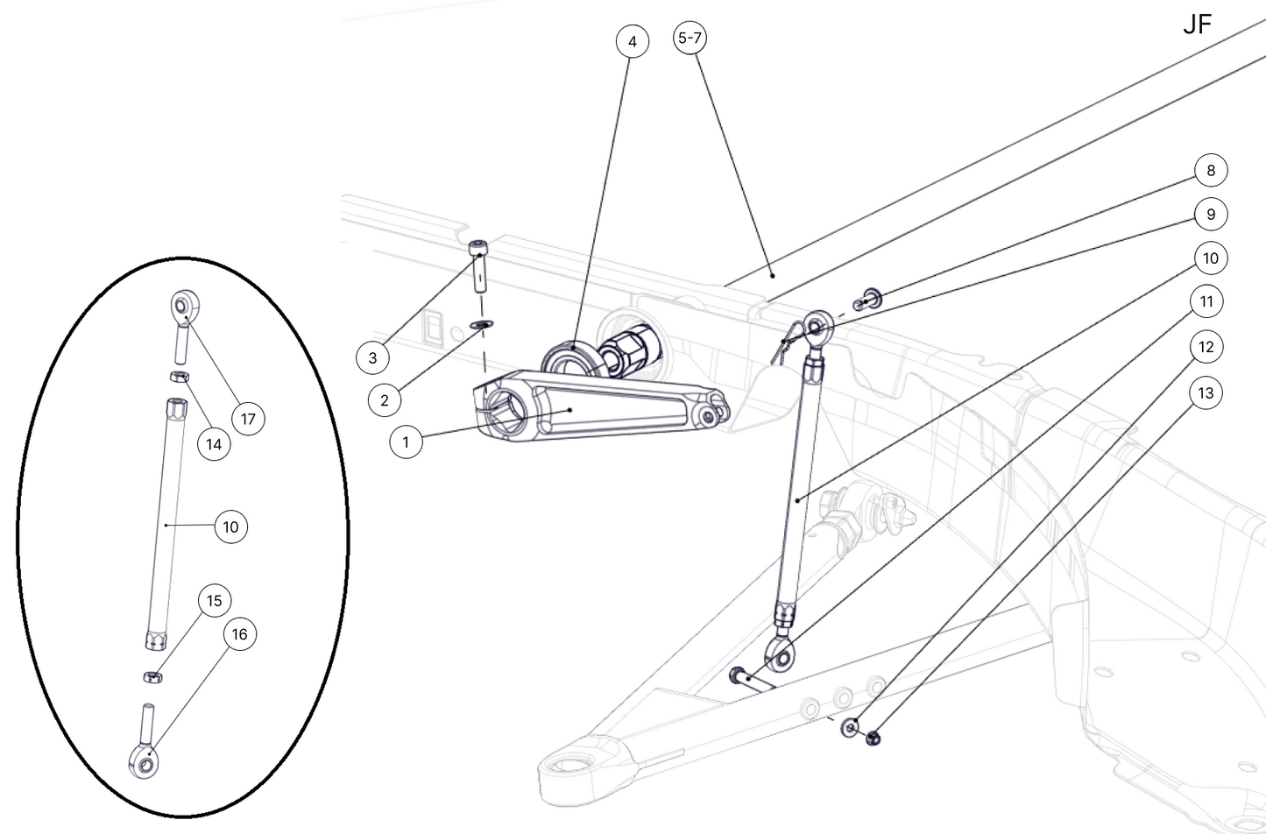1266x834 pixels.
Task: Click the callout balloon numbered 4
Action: pos(632,42)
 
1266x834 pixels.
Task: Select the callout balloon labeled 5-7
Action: pos(690,39)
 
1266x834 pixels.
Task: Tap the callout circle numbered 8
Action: pos(1211,170)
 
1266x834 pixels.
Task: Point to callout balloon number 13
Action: pos(1206,393)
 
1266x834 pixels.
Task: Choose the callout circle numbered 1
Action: pos(406,442)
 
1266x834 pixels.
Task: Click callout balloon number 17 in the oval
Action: pos(248,419)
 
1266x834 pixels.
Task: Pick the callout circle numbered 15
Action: pos(215,601)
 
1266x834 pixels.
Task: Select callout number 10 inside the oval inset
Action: pos(230,527)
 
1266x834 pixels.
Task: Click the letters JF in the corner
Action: pos(1197,25)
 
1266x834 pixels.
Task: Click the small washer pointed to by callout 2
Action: pos(481,325)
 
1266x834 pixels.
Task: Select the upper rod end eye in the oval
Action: pos(180,307)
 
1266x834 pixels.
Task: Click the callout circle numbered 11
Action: pos(1206,302)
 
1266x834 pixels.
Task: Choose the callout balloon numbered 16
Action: pos(239,634)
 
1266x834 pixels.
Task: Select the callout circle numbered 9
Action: pos(1211,215)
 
